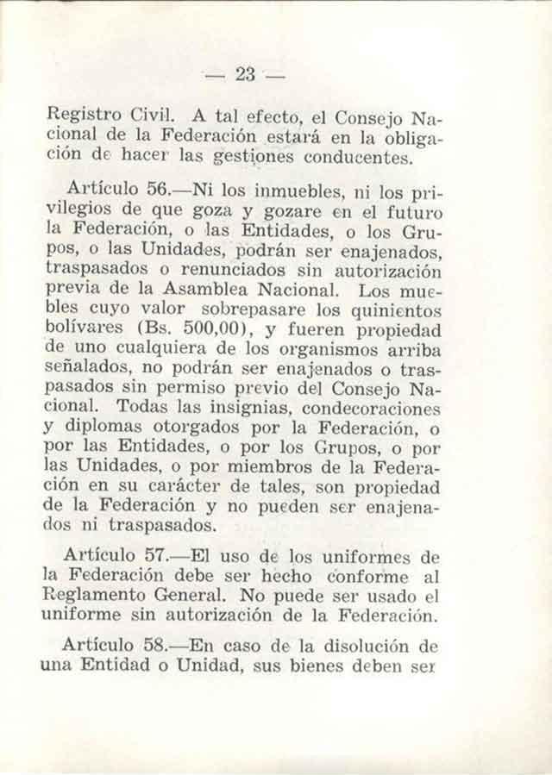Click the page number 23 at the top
[x=247, y=74]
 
